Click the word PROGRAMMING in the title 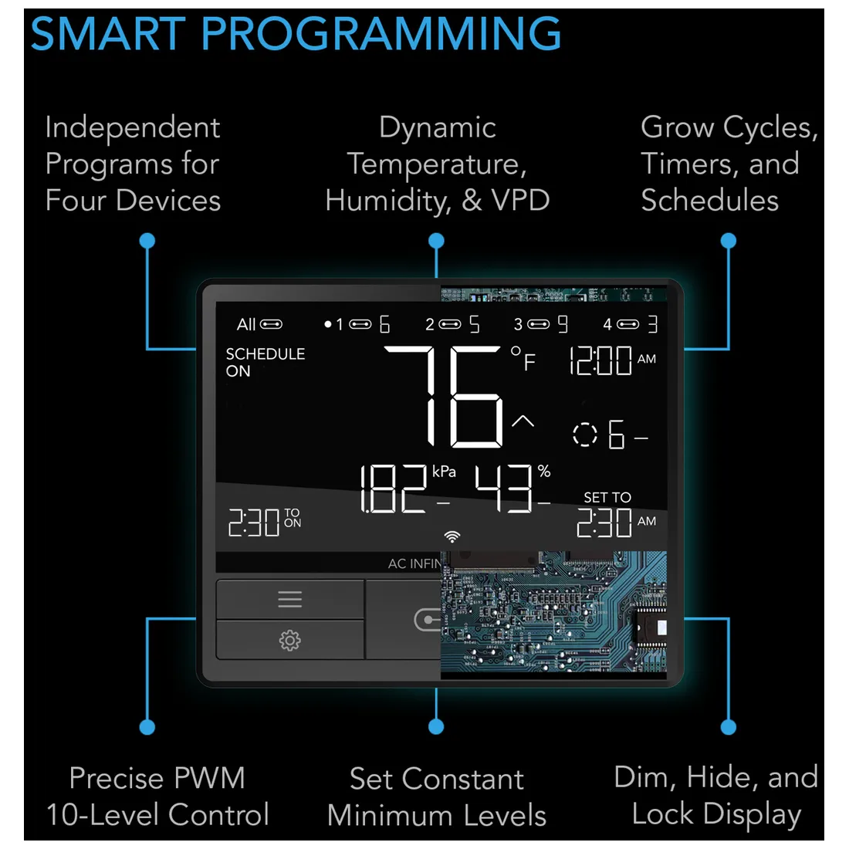point(381,33)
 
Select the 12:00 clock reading point(600,360)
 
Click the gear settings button point(289,640)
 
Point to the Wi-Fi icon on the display point(452,536)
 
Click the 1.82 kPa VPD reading point(394,489)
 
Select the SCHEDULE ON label point(266,362)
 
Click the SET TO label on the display point(607,497)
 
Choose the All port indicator point(259,324)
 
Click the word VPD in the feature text point(520,201)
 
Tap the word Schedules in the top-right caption point(710,201)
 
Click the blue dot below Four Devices point(147,240)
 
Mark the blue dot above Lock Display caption point(729,726)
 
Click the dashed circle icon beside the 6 point(585,435)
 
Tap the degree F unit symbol point(523,358)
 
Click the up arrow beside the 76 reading point(523,421)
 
